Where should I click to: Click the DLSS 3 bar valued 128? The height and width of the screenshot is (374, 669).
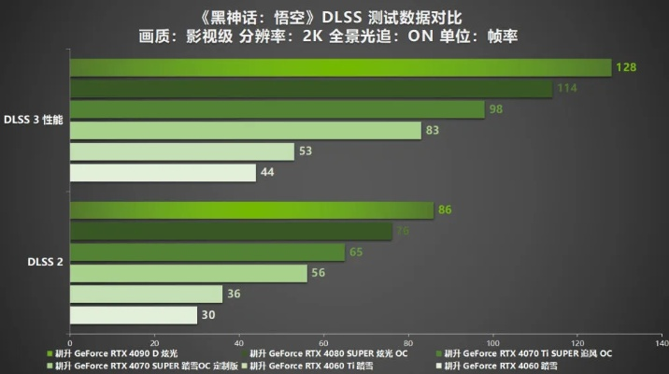click(x=340, y=67)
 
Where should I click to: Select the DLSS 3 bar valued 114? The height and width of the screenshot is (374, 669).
click(x=310, y=89)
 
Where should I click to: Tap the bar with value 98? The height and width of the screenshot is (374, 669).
click(x=277, y=109)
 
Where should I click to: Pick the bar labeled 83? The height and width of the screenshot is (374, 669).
click(x=245, y=131)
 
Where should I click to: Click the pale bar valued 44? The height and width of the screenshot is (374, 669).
click(x=163, y=173)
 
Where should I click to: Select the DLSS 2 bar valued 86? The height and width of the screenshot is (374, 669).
click(x=251, y=210)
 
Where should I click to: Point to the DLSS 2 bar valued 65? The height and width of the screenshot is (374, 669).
click(x=206, y=252)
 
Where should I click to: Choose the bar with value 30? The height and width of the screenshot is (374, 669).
click(x=133, y=316)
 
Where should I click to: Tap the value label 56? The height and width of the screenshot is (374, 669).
click(x=318, y=273)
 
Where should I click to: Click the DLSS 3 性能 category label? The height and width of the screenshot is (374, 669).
click(x=34, y=121)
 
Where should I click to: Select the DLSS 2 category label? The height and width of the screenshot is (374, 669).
click(x=46, y=264)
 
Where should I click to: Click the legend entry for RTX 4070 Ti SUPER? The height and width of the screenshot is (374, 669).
click(x=528, y=354)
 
